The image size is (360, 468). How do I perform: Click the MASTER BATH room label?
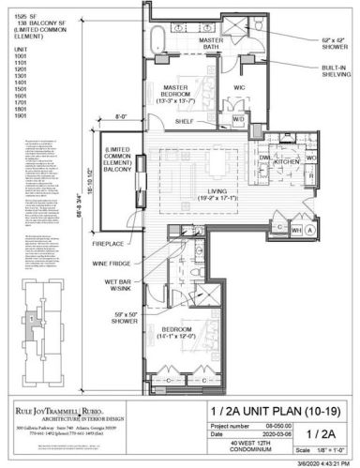210,45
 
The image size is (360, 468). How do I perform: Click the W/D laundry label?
238,119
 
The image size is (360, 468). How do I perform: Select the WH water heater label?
295,229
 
